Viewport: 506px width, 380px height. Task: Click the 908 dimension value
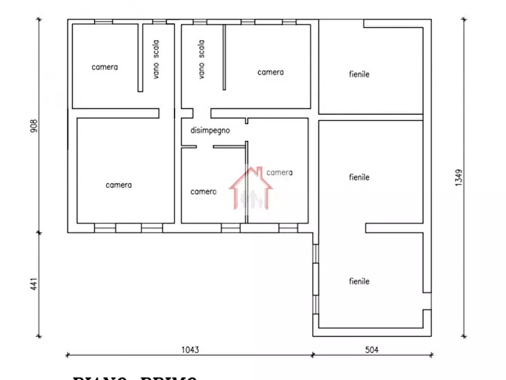pos(33,126)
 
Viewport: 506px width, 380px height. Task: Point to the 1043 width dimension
pos(190,350)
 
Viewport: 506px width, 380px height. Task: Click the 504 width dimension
pos(371,350)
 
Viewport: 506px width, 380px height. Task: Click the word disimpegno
pos(210,130)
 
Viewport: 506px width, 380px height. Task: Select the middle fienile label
pos(359,177)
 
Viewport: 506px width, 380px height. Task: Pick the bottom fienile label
pos(359,281)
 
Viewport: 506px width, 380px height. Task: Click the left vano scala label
pos(156,58)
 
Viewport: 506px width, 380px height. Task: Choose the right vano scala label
pos(201,58)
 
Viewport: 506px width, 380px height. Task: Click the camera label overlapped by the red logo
pos(279,172)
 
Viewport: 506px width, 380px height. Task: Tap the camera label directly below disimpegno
pos(203,192)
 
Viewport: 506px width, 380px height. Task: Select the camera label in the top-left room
pos(105,67)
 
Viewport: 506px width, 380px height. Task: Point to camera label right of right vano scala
pos(270,73)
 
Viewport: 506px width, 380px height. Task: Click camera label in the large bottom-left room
pos(118,185)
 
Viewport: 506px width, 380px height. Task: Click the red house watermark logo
pos(251,188)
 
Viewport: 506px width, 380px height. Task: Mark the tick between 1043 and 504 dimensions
pos(313,355)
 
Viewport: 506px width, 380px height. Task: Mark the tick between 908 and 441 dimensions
pos(39,232)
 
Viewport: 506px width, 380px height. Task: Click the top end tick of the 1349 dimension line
pos(465,19)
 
